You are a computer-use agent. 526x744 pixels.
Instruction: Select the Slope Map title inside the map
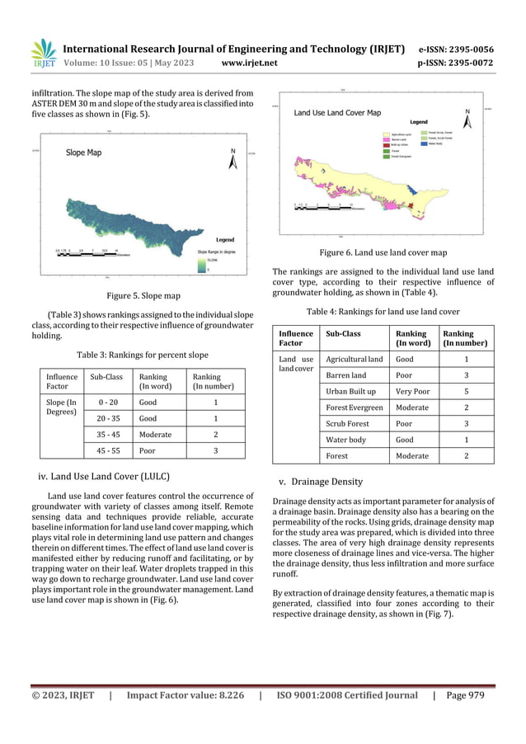point(83,153)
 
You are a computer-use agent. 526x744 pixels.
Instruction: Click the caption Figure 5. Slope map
point(144,295)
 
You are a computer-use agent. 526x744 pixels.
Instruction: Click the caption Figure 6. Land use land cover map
point(383,252)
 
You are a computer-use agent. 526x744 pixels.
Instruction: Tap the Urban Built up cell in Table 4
point(350,391)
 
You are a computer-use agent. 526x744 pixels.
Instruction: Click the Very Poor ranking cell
point(412,391)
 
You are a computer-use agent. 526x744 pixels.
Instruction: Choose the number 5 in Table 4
point(467,391)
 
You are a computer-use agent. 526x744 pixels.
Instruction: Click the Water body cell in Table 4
point(346,440)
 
